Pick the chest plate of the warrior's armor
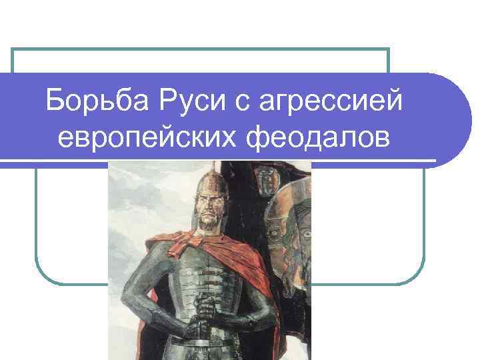[207, 273]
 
